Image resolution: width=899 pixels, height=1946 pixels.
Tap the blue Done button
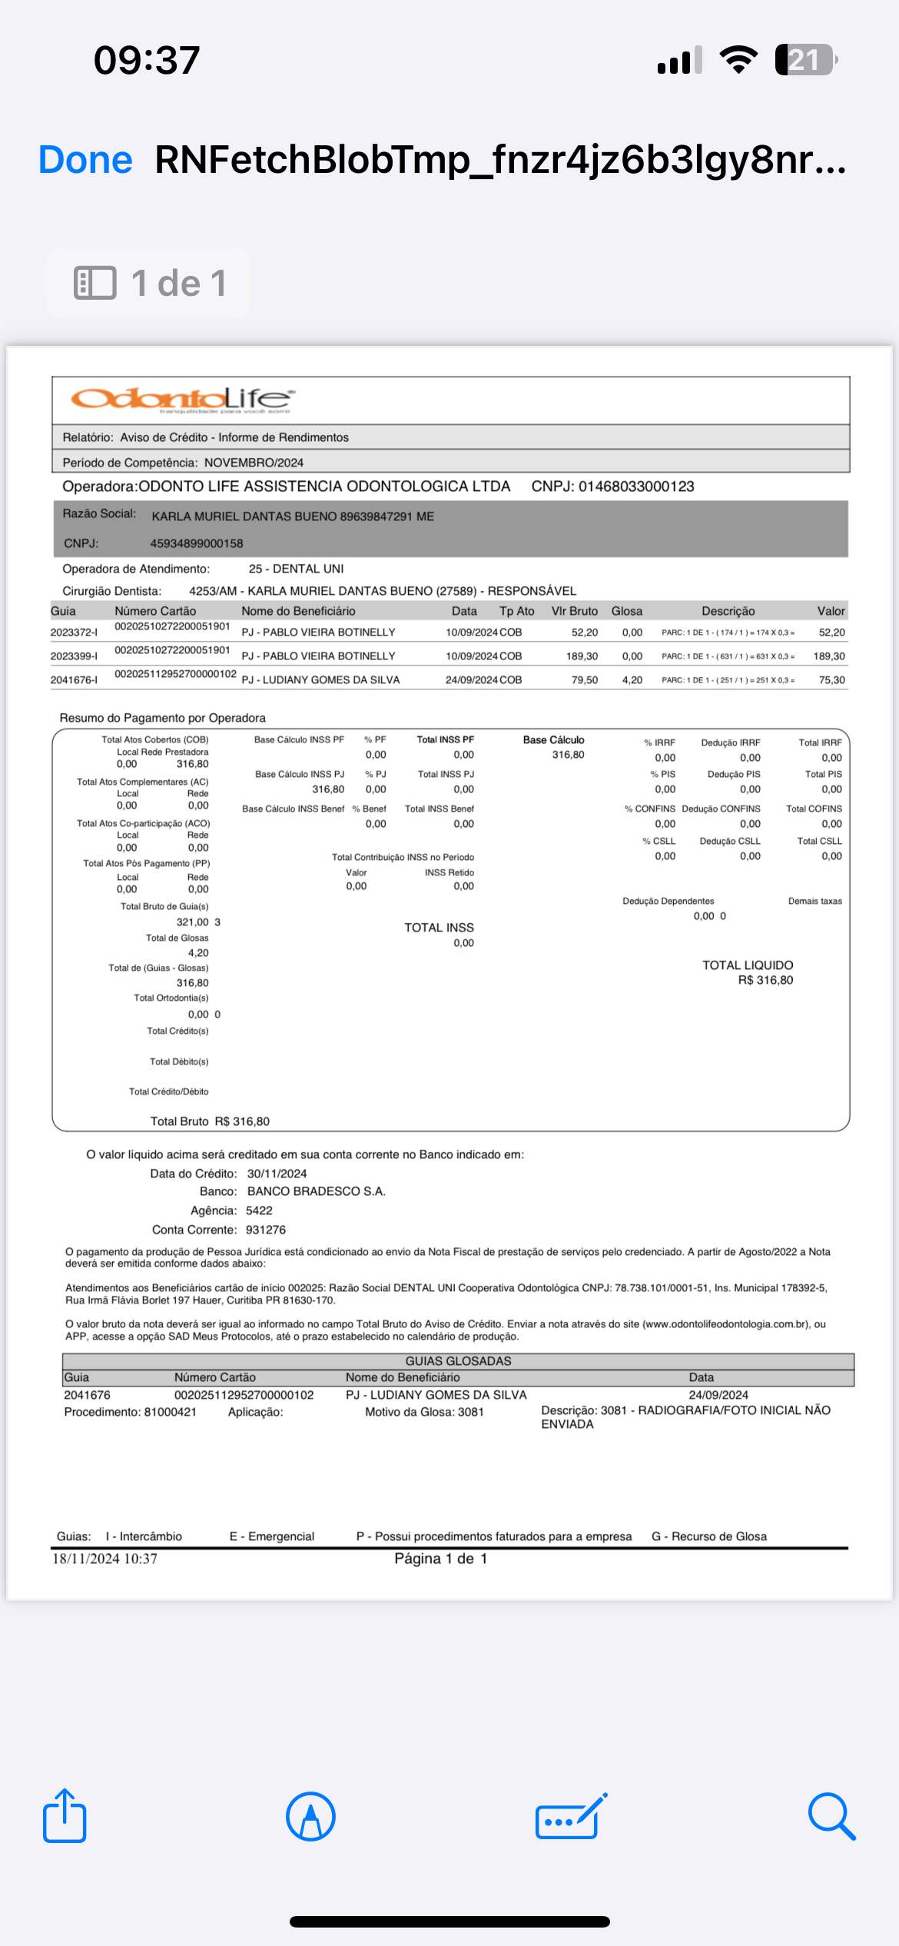tap(85, 160)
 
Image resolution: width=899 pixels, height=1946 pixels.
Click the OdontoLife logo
tap(183, 399)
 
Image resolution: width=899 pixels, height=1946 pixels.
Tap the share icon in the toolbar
tap(65, 1816)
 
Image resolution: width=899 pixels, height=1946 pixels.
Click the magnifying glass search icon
tap(831, 1817)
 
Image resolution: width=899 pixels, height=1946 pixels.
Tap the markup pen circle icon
tap(310, 1817)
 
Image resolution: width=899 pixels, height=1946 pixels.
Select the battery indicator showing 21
tap(805, 60)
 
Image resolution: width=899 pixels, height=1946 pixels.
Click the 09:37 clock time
tap(147, 60)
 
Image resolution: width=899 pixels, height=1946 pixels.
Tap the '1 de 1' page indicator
tap(150, 283)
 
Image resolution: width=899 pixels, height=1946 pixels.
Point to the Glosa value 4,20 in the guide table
tap(632, 680)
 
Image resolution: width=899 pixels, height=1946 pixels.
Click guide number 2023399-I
tap(74, 656)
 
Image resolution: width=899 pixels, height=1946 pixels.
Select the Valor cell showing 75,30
tap(831, 680)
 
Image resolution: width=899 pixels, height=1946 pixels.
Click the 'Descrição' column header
tap(728, 611)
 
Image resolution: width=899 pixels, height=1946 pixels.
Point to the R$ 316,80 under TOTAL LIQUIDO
tap(765, 980)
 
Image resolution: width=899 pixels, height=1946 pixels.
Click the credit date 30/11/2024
tap(277, 1174)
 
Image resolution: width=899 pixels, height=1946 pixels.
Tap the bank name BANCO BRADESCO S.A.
tap(316, 1191)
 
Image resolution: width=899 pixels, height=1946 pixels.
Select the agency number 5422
tap(259, 1210)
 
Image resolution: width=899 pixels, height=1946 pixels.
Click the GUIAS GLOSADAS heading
tap(458, 1361)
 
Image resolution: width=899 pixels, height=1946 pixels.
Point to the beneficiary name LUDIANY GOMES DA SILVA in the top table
tap(330, 680)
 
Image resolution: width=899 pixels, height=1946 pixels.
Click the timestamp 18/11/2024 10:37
tap(104, 1559)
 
